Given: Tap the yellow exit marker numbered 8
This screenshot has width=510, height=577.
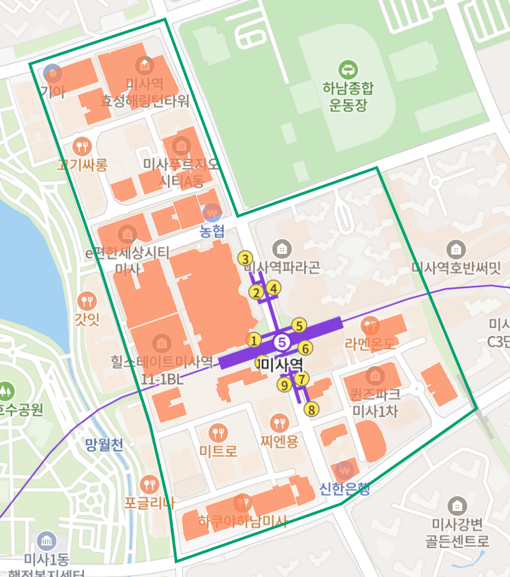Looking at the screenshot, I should [311, 409].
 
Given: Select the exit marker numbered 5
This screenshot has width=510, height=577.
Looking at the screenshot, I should [299, 325].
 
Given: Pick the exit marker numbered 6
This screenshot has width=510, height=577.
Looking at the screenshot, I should [305, 348].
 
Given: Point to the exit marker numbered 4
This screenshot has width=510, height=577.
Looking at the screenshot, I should [273, 288].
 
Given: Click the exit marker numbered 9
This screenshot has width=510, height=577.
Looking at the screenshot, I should [285, 384].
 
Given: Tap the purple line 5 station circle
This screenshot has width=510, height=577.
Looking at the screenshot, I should [282, 342].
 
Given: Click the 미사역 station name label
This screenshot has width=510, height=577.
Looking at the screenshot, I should [281, 364].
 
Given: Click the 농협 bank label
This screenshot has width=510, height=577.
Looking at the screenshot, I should [212, 232].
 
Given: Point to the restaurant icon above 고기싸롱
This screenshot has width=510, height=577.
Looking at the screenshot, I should [81, 147].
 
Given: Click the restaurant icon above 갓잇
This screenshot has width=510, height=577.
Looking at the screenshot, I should [86, 301].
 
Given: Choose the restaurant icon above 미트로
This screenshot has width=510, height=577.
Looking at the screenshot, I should [218, 432].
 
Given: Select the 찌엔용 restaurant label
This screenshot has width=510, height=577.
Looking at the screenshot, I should [280, 441].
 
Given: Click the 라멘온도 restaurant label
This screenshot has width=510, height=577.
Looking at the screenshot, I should [370, 343].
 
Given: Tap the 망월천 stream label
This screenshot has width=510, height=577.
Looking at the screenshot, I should [104, 444].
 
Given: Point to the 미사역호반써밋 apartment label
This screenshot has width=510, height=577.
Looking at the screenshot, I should [457, 268].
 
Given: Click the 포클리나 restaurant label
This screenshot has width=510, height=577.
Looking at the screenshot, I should [149, 502].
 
